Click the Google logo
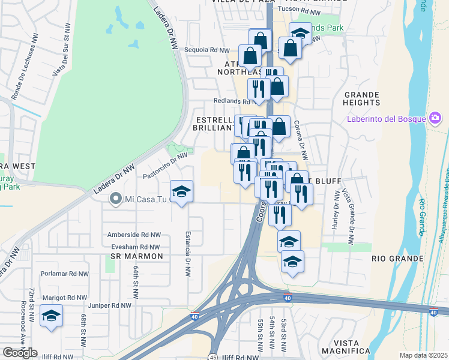(20, 353)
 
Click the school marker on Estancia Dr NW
(182, 192)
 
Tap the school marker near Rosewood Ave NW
(51, 316)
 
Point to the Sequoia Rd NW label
(207, 50)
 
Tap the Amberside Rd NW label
(134, 235)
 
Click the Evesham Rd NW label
(134, 247)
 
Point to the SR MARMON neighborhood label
(137, 257)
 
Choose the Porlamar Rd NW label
(64, 274)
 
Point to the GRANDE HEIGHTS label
(362, 99)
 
